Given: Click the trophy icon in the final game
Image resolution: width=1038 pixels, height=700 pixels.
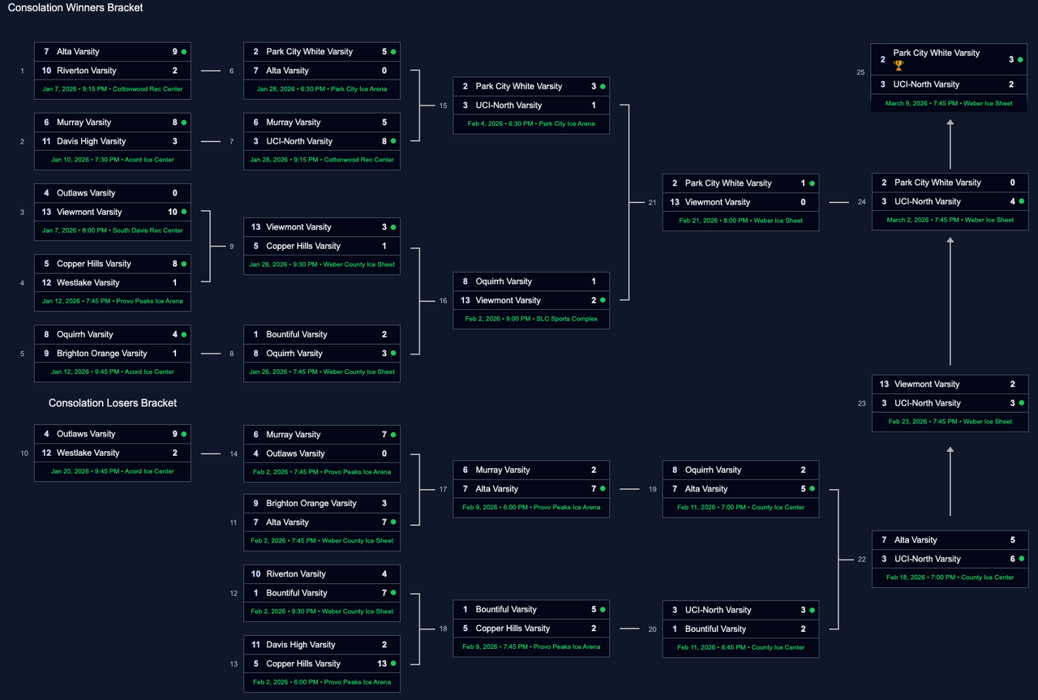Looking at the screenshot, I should (899, 65).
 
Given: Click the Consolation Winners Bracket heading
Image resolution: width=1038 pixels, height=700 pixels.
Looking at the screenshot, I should (75, 8).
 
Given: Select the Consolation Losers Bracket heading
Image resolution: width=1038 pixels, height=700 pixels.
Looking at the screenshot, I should (113, 403).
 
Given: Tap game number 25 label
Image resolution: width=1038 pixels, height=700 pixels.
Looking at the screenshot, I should (860, 72).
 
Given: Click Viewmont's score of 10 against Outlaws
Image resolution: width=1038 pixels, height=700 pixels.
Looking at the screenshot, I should (173, 212).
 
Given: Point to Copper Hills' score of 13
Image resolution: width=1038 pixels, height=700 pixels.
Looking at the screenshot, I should (382, 663).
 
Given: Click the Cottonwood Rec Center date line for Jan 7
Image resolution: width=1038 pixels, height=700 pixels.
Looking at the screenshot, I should (113, 88).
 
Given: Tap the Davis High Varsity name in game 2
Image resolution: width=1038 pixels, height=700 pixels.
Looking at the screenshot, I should (91, 141).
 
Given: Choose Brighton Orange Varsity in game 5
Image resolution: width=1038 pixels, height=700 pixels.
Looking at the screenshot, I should (101, 354).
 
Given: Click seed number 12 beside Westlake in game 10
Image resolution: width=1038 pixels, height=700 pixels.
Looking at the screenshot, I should (47, 453).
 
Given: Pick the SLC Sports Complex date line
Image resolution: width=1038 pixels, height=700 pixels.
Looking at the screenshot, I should (531, 319).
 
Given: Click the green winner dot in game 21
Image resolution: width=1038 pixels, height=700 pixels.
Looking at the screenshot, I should (812, 183).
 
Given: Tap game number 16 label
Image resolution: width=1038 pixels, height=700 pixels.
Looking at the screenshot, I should (443, 301).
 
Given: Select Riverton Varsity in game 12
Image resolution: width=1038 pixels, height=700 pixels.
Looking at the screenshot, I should (296, 574).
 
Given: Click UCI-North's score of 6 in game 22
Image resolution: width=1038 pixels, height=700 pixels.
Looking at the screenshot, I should (1012, 559).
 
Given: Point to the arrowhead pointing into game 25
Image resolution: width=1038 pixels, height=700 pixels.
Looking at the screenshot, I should (950, 122).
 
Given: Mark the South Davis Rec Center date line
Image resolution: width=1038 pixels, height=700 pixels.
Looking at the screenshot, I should (113, 230).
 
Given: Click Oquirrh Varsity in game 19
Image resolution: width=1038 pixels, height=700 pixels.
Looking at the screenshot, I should (713, 470).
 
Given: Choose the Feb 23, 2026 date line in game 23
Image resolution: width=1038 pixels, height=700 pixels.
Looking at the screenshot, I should (950, 422).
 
